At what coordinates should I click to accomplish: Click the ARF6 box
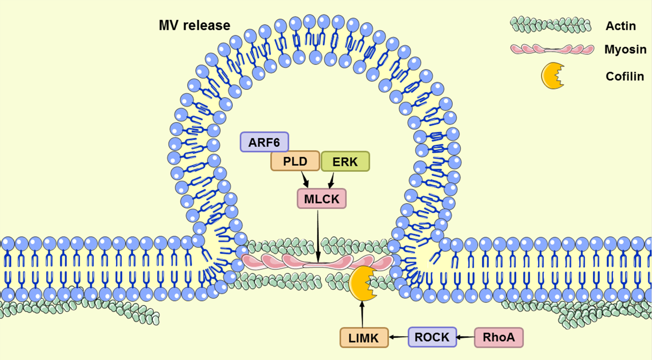click(264, 142)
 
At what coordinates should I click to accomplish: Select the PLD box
click(295, 161)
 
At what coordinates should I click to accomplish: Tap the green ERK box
click(345, 161)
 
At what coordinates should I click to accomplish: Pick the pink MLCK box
click(322, 199)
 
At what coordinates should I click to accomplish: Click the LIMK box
click(364, 337)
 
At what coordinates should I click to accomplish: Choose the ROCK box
click(432, 337)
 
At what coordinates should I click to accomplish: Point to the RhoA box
click(499, 337)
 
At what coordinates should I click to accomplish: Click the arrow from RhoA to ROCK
click(465, 337)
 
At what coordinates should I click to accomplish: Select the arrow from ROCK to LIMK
click(399, 337)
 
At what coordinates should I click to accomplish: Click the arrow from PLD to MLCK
click(305, 179)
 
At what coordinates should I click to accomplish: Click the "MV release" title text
click(195, 25)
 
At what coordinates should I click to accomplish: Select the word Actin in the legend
click(621, 26)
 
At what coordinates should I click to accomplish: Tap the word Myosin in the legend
click(625, 49)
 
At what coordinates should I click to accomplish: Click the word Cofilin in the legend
click(625, 76)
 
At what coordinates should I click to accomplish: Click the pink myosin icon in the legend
click(552, 49)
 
